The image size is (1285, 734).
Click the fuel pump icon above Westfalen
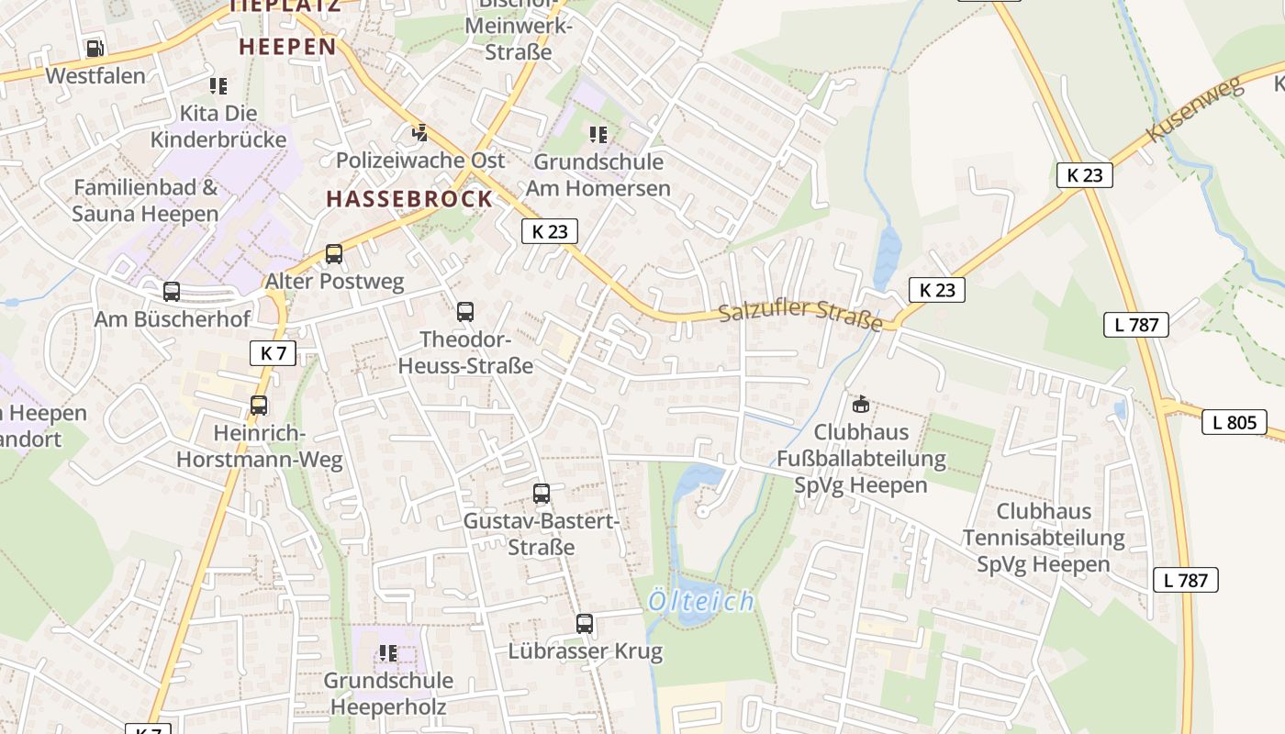coord(95,49)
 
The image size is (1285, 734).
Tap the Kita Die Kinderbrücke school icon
coord(218,86)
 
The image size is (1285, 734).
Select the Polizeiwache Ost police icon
coord(419,133)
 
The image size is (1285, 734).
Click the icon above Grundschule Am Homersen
coord(598,135)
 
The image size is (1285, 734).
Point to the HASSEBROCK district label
coord(409,199)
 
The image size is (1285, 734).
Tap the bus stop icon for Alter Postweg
coord(334,254)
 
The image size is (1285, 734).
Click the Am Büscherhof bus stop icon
coord(172,292)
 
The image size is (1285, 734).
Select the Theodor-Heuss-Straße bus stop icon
coord(465,312)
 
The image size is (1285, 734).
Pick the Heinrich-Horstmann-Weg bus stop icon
coord(259,405)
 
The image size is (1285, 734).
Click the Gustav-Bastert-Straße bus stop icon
coord(542,494)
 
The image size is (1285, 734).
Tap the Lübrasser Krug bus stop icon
coord(585,624)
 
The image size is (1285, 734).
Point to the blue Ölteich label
coord(701,602)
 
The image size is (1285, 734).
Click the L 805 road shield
coord(1234,422)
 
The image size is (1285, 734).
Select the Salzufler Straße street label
coord(799,316)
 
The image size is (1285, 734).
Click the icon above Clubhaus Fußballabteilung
coord(861,404)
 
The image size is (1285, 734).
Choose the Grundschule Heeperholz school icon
coord(388,653)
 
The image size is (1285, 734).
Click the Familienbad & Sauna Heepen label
coord(145,201)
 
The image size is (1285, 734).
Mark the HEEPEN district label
coord(287,46)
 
